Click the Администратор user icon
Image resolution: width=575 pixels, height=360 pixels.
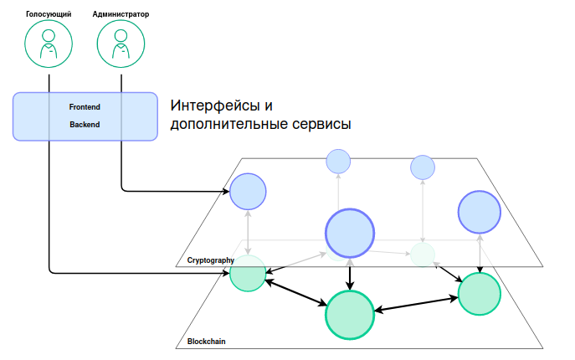click(122, 44)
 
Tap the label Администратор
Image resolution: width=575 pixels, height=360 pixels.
click(122, 13)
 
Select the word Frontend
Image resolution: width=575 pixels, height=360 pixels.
click(85, 107)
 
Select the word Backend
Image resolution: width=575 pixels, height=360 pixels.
click(85, 125)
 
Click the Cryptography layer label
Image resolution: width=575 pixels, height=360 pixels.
click(209, 260)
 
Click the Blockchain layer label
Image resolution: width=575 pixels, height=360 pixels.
click(206, 342)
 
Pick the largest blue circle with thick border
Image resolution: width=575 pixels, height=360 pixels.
click(349, 232)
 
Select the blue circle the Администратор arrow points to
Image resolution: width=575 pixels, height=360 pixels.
click(248, 191)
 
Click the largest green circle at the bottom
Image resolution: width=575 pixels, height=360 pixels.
click(349, 314)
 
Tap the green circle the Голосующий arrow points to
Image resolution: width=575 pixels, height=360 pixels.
click(248, 274)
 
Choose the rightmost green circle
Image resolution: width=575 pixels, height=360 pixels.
click(480, 293)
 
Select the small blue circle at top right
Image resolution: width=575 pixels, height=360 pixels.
click(423, 167)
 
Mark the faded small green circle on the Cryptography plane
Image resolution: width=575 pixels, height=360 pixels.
click(423, 254)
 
